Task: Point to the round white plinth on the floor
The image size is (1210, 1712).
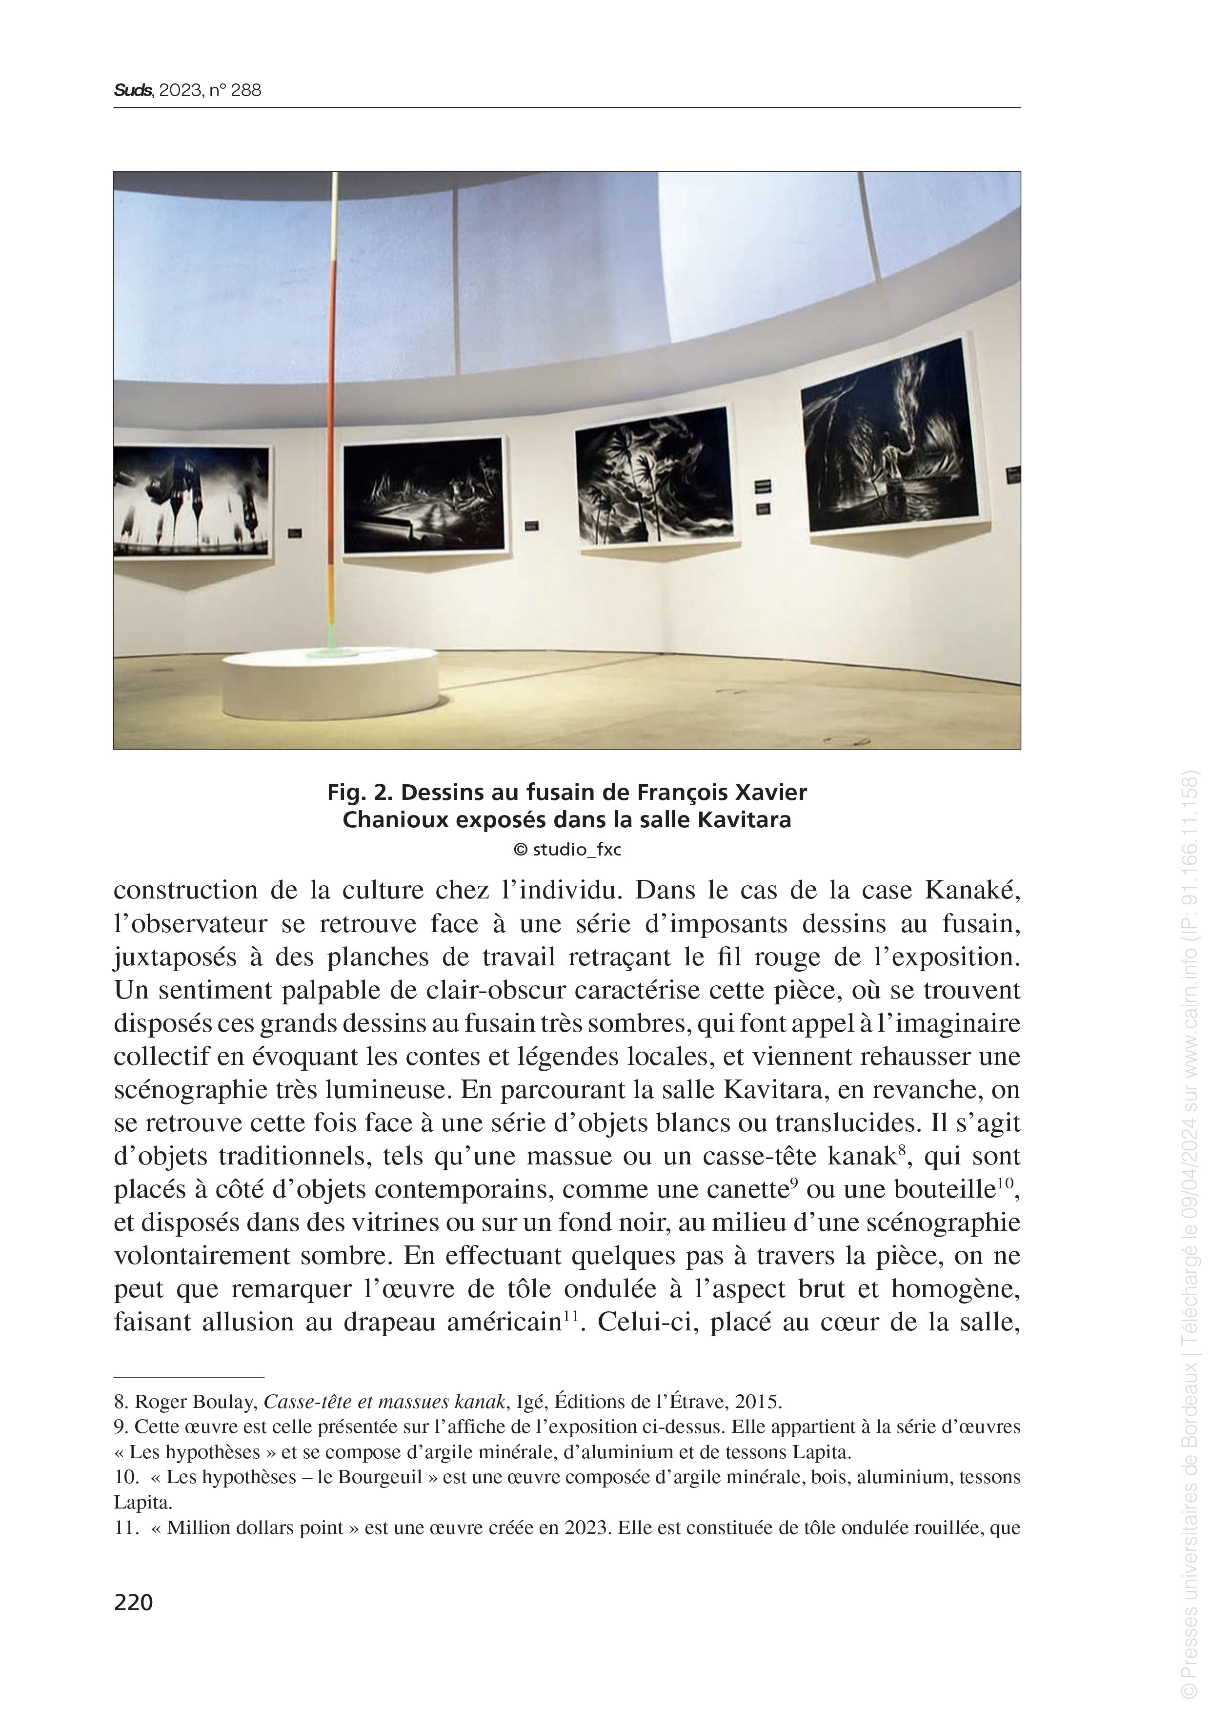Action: click(332, 682)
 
